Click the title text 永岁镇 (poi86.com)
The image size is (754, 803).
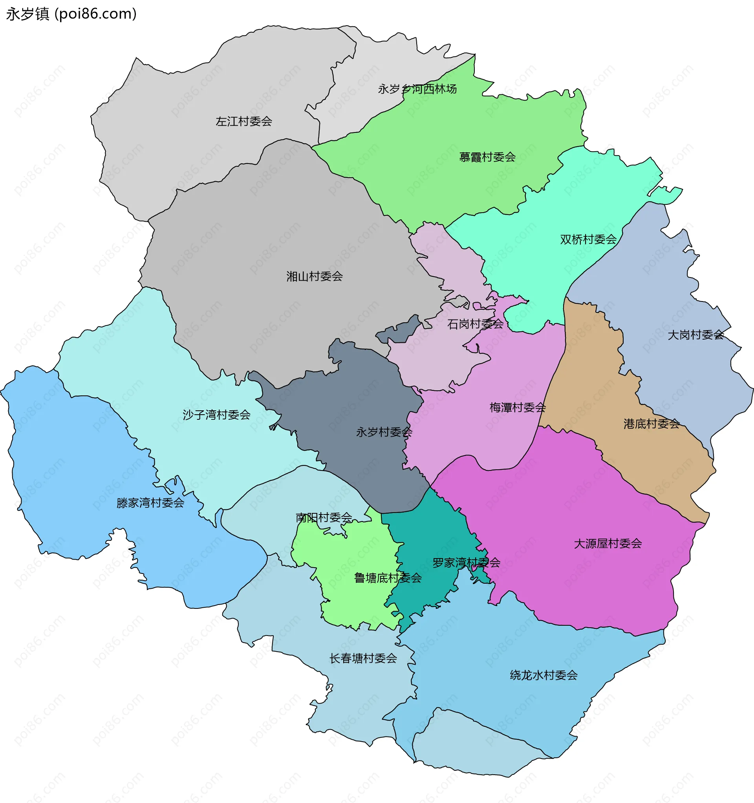click(x=71, y=14)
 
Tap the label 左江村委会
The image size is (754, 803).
click(x=244, y=121)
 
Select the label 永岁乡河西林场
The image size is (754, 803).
click(x=417, y=89)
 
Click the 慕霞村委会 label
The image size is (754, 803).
click(x=487, y=157)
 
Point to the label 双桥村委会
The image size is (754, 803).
click(x=588, y=239)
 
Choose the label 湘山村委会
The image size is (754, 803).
click(x=315, y=276)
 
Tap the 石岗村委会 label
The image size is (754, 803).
click(x=475, y=323)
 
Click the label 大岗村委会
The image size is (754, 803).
click(x=695, y=334)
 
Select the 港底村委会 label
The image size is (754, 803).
click(x=652, y=424)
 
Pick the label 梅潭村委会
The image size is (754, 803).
click(x=518, y=407)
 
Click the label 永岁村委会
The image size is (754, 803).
click(x=384, y=432)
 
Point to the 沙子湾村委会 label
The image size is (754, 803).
click(x=216, y=414)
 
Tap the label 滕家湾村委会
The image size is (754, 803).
click(x=150, y=502)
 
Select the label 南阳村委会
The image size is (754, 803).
click(x=324, y=517)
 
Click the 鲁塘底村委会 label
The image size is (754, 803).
click(x=388, y=578)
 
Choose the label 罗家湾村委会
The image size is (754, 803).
click(x=466, y=562)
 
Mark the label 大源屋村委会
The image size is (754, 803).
click(x=608, y=543)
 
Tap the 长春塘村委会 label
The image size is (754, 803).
click(x=363, y=658)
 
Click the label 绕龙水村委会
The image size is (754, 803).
click(x=543, y=674)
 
